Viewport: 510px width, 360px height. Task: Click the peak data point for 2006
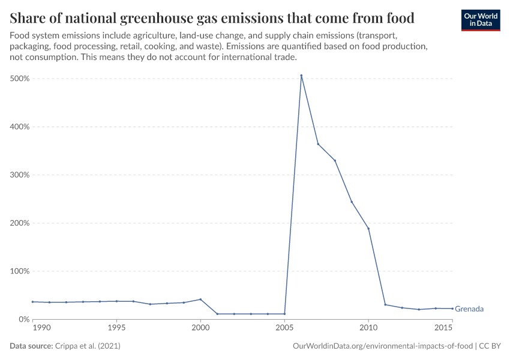(x=301, y=76)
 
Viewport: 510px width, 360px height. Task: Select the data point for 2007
(x=318, y=144)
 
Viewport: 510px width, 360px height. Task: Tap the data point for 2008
(x=335, y=160)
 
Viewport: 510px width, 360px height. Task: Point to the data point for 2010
(x=368, y=229)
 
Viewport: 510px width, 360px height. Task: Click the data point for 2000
(x=200, y=299)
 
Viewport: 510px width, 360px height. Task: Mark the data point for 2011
(x=385, y=305)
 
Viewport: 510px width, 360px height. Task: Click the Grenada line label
(x=469, y=309)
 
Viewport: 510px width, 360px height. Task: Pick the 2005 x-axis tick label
(x=284, y=329)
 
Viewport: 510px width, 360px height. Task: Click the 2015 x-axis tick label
(x=444, y=329)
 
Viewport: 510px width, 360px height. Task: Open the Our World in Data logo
(x=480, y=20)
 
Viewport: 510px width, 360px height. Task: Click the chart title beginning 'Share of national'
(x=212, y=16)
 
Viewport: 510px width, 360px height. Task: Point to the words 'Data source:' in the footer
(x=31, y=346)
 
